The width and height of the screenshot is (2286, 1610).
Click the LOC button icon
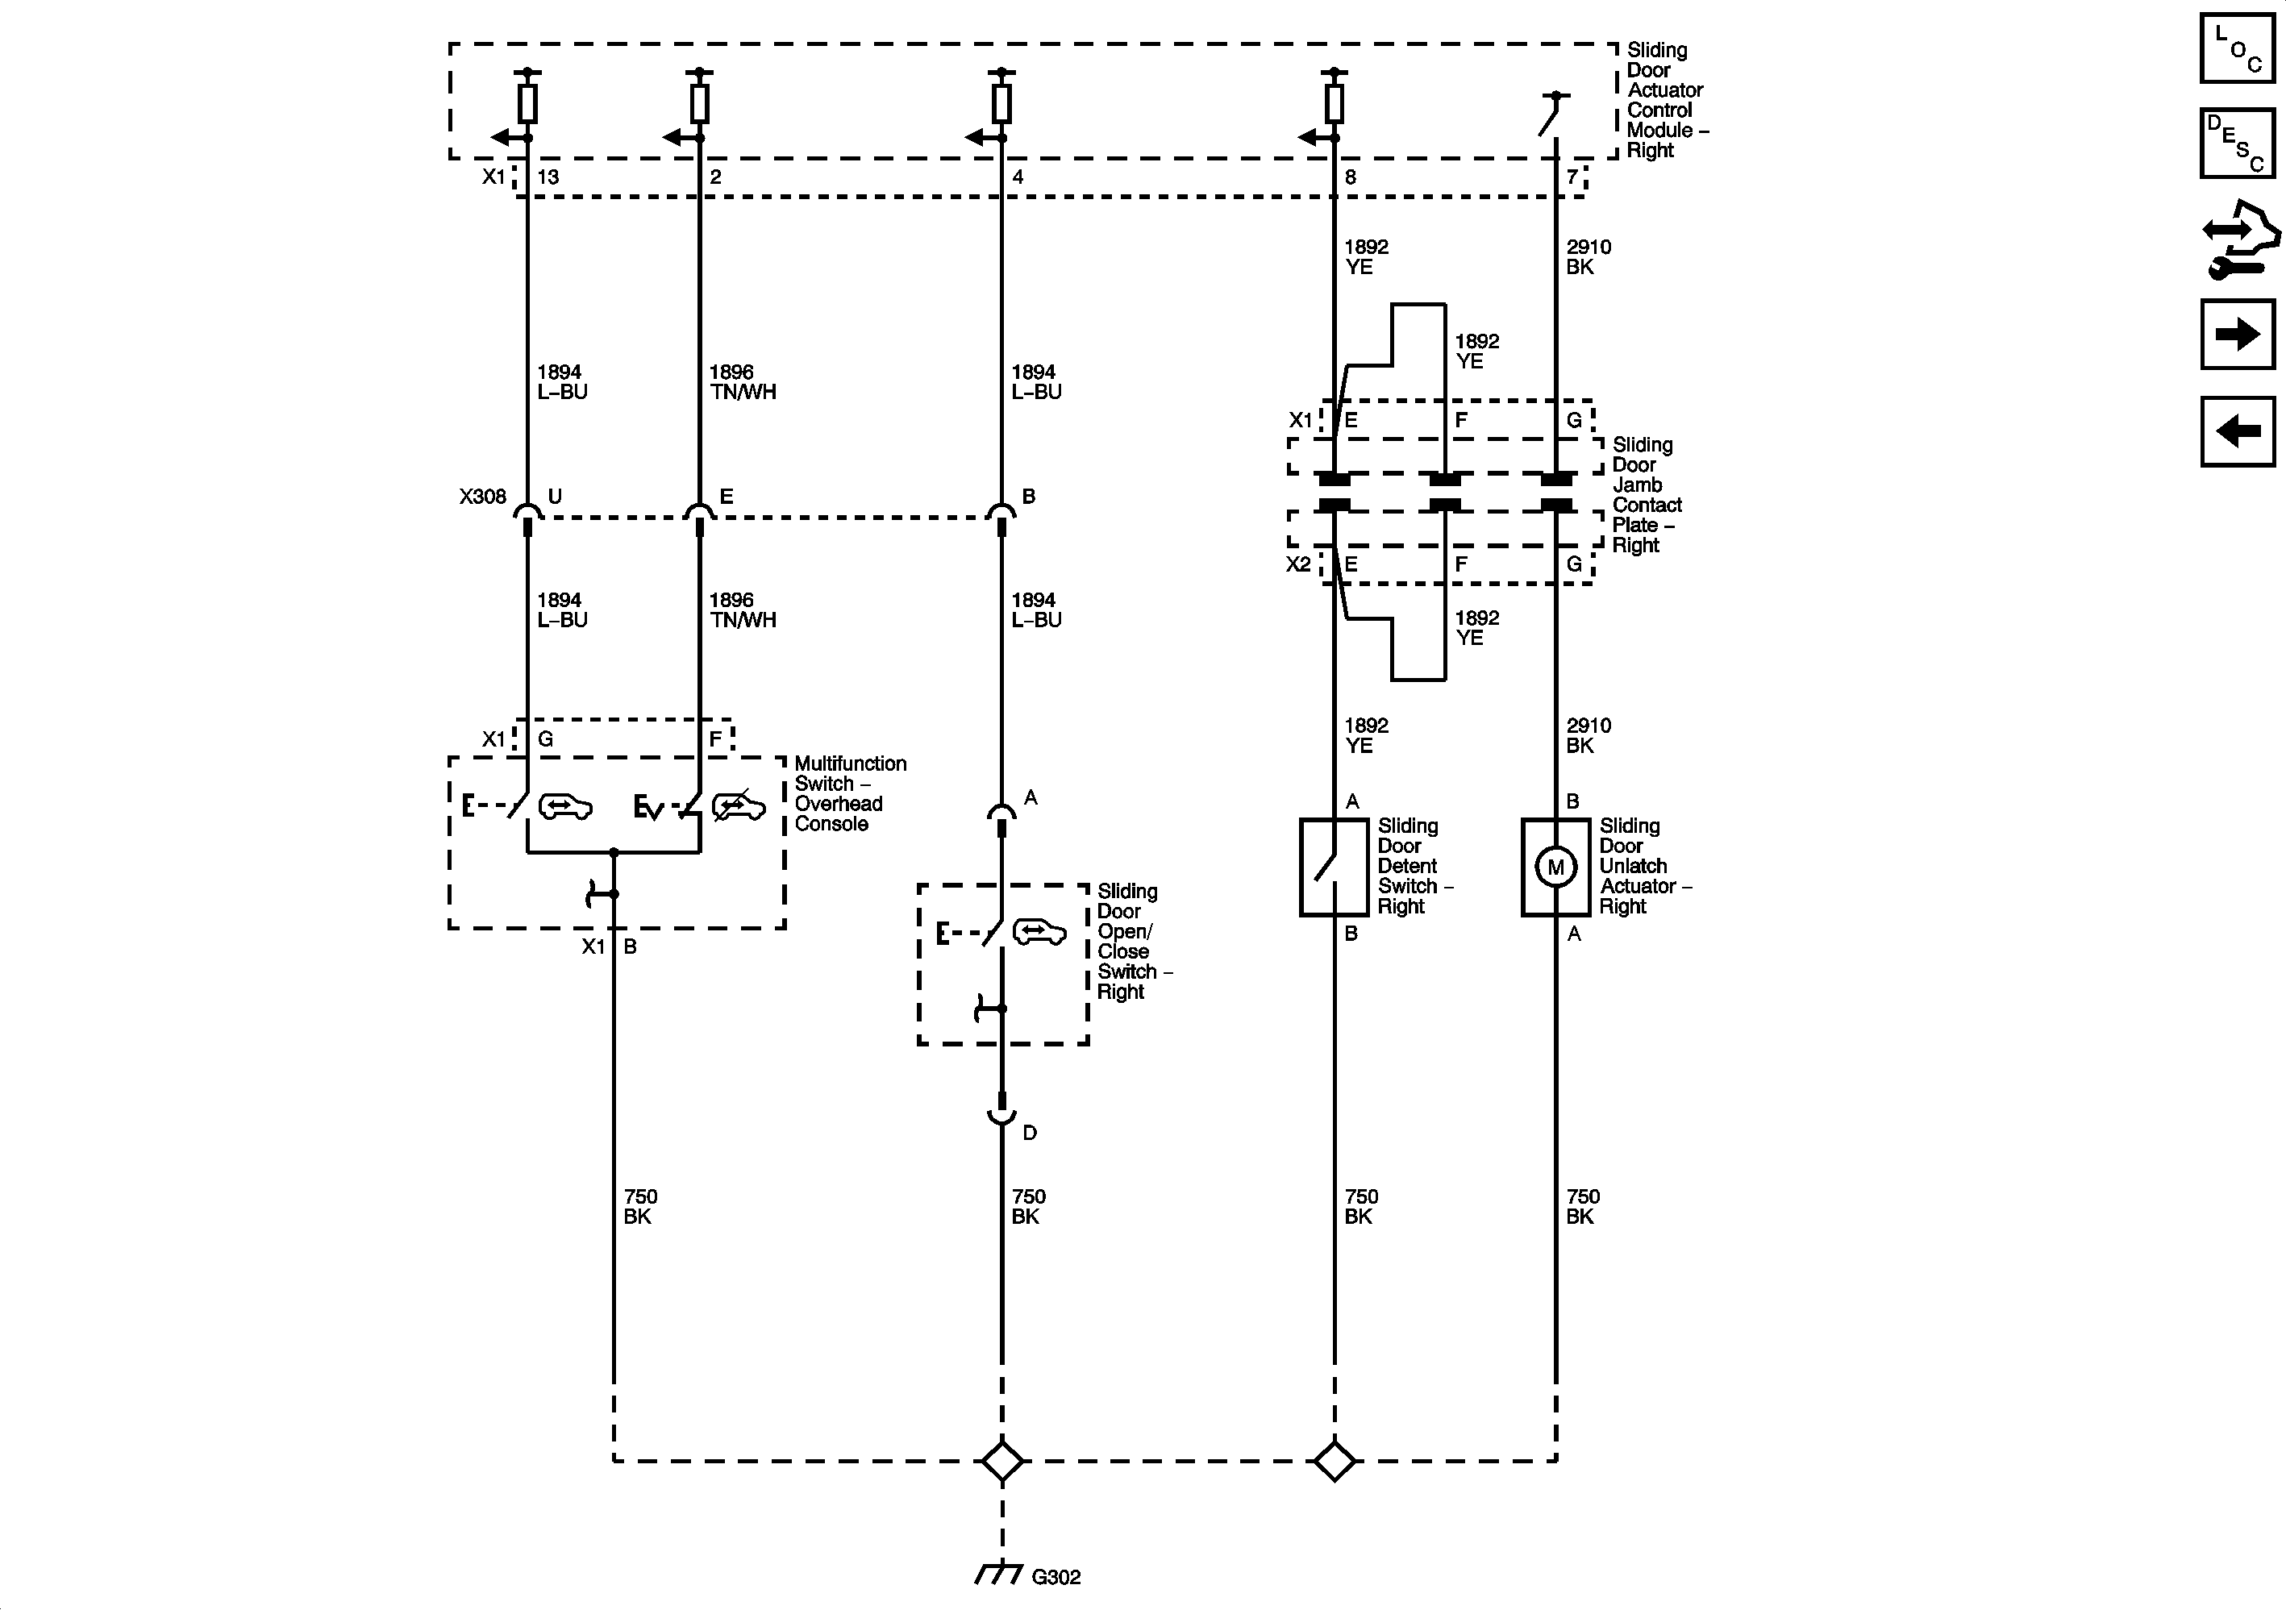coord(2237,47)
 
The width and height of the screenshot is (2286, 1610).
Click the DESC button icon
coord(2237,143)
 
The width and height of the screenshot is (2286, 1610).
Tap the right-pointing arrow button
coord(2237,335)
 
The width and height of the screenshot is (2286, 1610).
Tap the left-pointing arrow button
coord(2237,431)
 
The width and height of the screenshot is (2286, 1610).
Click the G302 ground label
coord(1056,1577)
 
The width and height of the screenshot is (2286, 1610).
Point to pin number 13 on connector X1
coord(548,177)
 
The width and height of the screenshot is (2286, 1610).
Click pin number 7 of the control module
coord(1572,177)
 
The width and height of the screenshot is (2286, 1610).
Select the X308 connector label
coord(483,496)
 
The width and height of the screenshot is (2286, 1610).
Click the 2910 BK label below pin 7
coord(1587,257)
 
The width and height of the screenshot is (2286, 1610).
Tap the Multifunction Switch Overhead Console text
coord(849,793)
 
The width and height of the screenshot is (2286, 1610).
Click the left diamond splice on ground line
coord(1001,1462)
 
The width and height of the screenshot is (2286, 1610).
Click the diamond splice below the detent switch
coord(1335,1462)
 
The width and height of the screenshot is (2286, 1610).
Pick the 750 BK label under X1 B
coord(639,1206)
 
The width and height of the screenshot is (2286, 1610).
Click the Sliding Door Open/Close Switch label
coord(1132,941)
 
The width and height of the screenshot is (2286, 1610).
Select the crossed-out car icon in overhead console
coord(739,805)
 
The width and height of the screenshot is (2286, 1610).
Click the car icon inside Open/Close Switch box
coord(1039,932)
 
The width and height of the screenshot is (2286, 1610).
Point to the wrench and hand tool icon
coord(2239,239)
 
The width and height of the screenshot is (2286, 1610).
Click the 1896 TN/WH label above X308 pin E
coord(742,381)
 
